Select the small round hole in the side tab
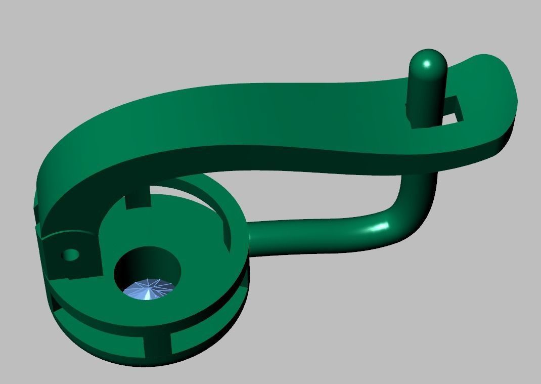71,254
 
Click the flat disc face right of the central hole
207,273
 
